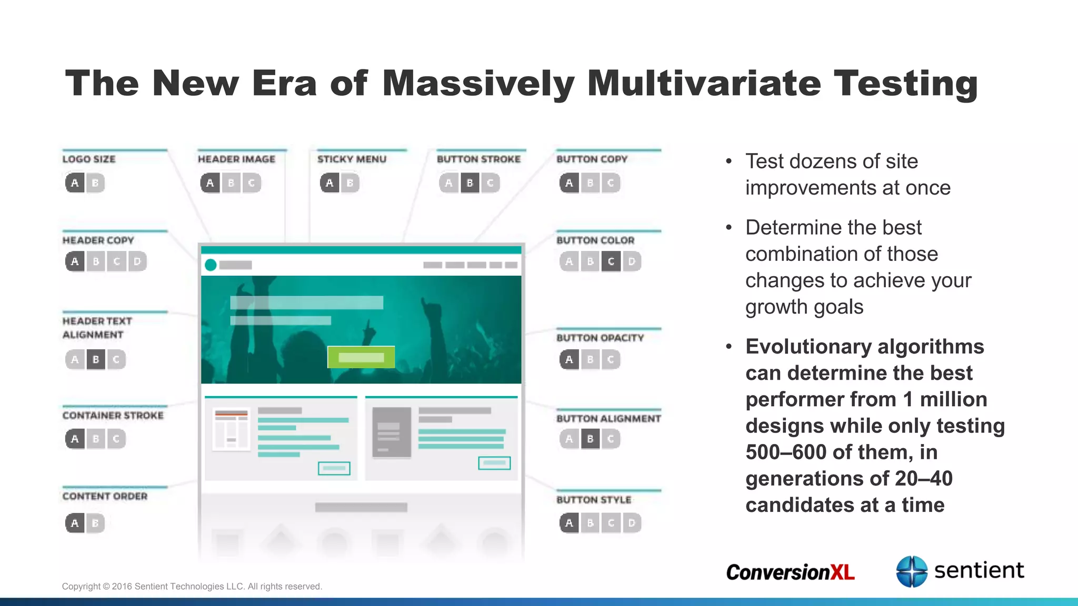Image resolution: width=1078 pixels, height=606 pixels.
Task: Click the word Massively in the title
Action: pyautogui.click(x=478, y=84)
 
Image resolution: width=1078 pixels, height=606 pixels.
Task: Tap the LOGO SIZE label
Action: pyautogui.click(x=88, y=159)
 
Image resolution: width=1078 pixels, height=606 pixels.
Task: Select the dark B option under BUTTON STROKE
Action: pyautogui.click(x=470, y=183)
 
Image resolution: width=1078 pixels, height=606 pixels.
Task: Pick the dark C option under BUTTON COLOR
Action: pyautogui.click(x=611, y=261)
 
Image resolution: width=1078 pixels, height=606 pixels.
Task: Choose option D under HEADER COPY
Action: pyautogui.click(x=137, y=261)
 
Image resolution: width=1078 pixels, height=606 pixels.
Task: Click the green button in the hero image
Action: pyautogui.click(x=361, y=357)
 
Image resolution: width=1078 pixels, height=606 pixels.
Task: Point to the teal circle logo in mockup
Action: pyautogui.click(x=211, y=265)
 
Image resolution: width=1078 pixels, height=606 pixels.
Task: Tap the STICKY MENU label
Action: pyautogui.click(x=352, y=159)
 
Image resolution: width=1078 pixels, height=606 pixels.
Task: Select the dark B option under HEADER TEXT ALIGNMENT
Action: pyautogui.click(x=96, y=360)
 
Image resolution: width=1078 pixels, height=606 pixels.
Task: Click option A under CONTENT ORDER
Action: pyautogui.click(x=75, y=523)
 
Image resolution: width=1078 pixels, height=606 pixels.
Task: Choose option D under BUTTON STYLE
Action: pyautogui.click(x=632, y=523)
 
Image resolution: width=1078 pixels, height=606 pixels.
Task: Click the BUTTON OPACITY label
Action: pyautogui.click(x=600, y=338)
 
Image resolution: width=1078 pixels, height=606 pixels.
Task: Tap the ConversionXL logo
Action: pyautogui.click(x=790, y=572)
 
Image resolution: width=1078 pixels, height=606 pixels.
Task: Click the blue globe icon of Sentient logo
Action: pyautogui.click(x=911, y=571)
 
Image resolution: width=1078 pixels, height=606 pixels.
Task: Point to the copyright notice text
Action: pyautogui.click(x=192, y=587)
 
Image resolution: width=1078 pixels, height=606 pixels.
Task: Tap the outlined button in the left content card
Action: pyautogui.click(x=334, y=468)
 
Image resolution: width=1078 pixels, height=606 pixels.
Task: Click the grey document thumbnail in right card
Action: pyautogui.click(x=391, y=432)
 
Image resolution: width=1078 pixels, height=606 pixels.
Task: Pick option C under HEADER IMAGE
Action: pyautogui.click(x=252, y=183)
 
